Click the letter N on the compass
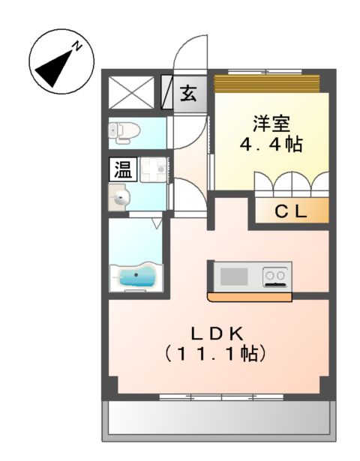tap(76, 46)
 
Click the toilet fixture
tap(125, 132)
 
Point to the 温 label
tap(122, 170)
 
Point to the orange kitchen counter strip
tap(249, 297)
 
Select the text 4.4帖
tap(271, 145)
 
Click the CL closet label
tap(290, 211)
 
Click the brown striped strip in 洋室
tap(267, 82)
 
